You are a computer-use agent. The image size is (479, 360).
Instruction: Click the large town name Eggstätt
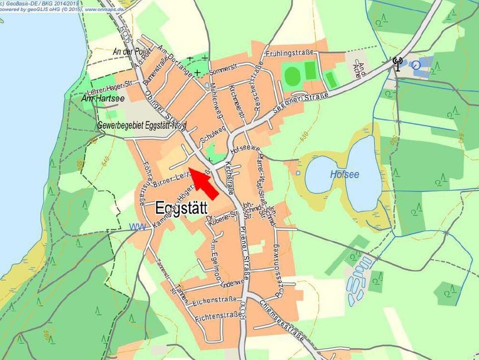coord(181,207)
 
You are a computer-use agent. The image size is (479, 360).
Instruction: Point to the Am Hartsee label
coord(103,99)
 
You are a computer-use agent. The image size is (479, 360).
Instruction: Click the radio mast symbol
coord(397,64)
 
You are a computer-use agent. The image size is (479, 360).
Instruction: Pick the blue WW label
coord(137,227)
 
